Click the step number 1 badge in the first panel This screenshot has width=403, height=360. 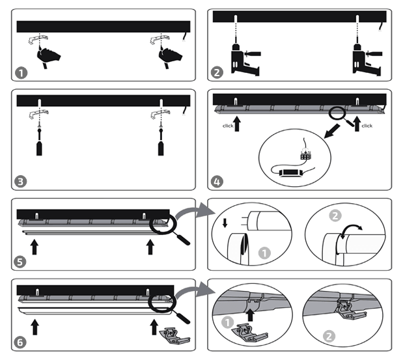21,73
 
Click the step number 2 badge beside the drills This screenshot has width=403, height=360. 217,72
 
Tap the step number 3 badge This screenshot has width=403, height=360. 21,182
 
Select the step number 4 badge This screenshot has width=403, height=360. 217,182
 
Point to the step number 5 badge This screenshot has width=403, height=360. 20,262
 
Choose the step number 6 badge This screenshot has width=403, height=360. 20,342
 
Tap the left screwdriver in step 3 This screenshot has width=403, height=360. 39,142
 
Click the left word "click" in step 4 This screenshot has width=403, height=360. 228,126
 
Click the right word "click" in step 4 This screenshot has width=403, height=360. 367,126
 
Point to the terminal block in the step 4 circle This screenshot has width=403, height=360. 306,155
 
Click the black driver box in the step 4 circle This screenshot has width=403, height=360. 290,173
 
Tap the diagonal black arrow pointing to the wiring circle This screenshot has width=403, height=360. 331,132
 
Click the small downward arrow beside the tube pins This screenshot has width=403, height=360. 225,223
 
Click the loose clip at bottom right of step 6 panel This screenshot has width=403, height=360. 174,336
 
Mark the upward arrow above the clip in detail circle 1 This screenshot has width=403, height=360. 250,315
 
